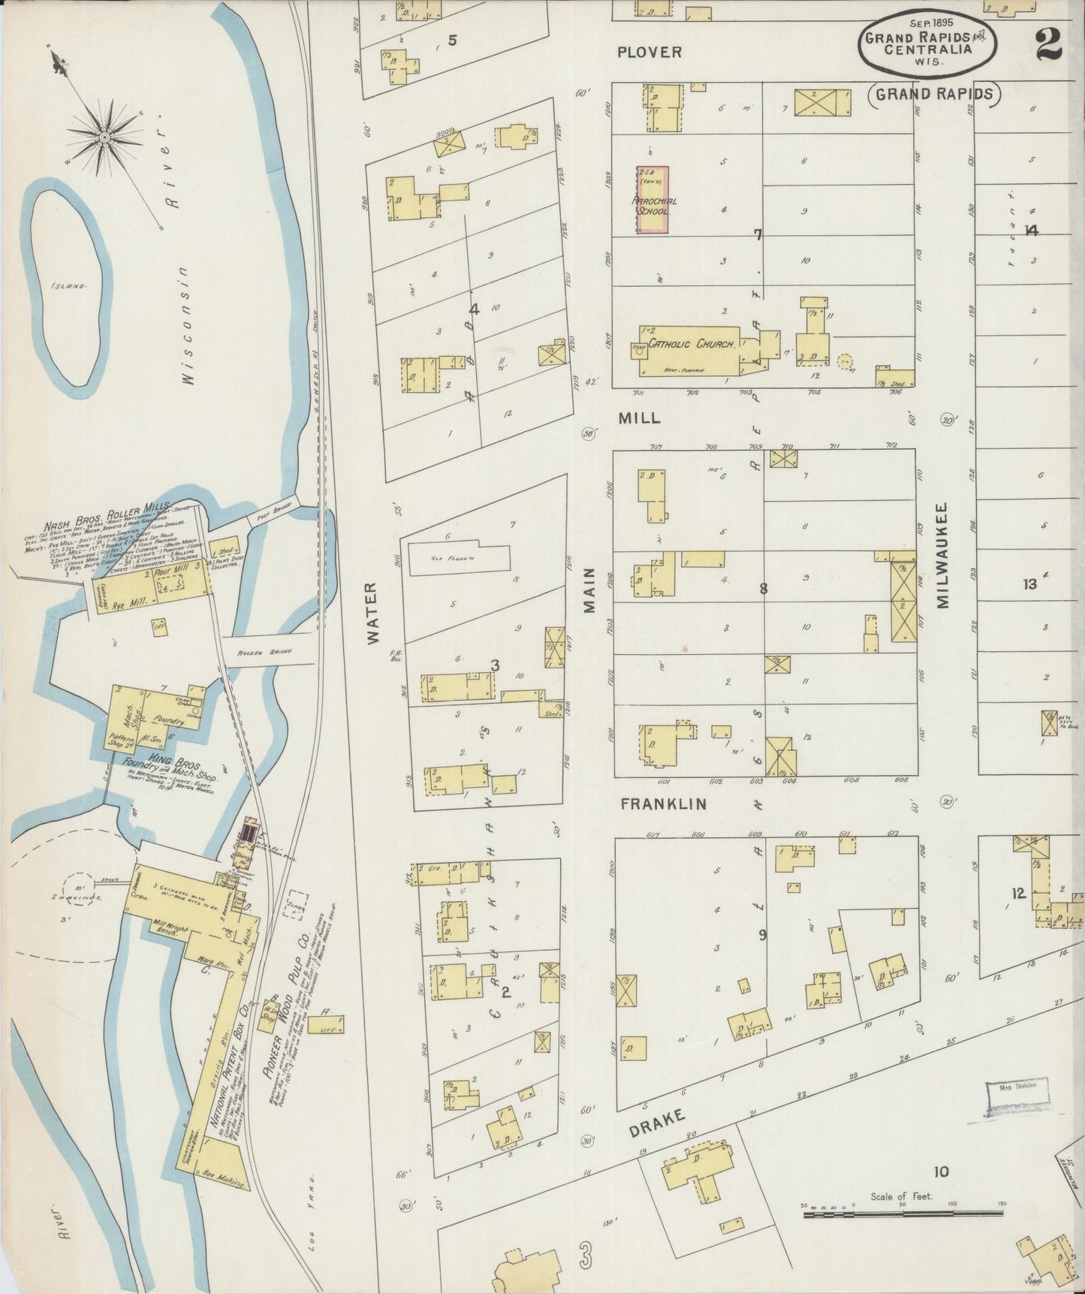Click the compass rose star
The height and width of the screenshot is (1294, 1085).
coord(104,137)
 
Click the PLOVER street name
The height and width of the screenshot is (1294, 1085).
coord(649,52)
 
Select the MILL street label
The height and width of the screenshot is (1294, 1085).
coord(639,418)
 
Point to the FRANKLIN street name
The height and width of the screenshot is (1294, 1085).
coord(664,804)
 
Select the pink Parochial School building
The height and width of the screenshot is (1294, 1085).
coord(653,200)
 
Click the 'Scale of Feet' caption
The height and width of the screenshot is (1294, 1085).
coord(901,1196)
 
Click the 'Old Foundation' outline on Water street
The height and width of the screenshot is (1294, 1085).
coord(460,557)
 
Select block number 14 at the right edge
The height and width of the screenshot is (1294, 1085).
coord(1032,231)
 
